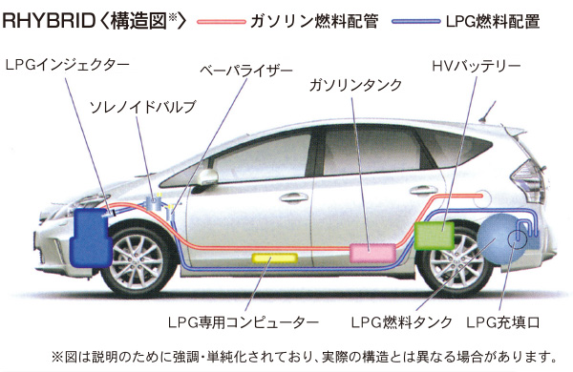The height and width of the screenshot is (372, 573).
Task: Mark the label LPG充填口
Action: pyautogui.click(x=506, y=321)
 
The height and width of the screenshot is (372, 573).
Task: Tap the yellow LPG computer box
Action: pyautogui.click(x=272, y=258)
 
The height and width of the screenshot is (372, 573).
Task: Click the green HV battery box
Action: pyautogui.click(x=435, y=235)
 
